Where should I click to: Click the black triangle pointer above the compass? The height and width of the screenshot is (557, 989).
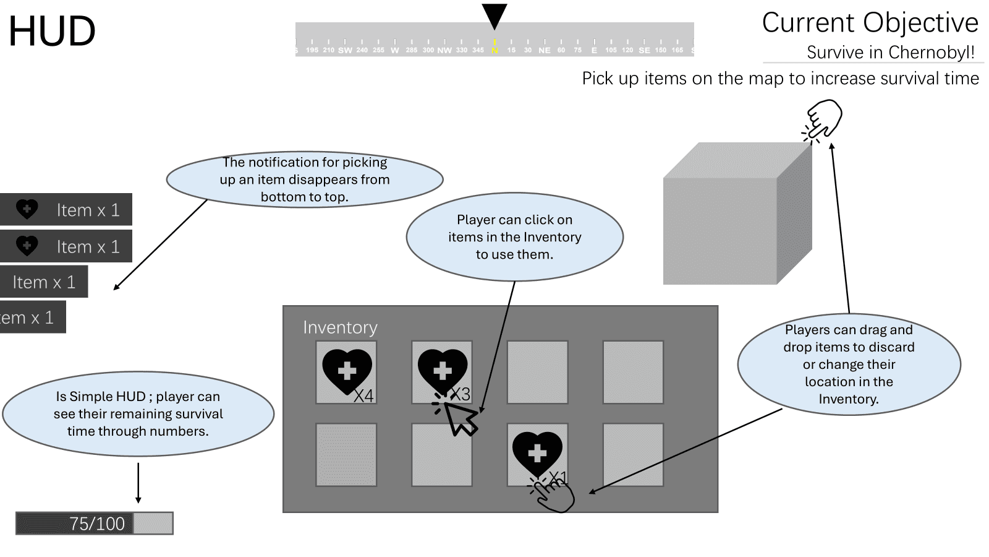point(494,15)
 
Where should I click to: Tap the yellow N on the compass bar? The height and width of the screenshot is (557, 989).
point(494,50)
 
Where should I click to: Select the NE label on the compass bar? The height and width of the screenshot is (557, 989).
point(544,50)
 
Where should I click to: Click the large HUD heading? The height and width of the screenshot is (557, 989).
point(52,31)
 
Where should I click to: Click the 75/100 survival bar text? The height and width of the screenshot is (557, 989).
point(96,524)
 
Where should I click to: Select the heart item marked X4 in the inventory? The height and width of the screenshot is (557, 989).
point(347,371)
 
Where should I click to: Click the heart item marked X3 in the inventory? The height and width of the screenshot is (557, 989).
point(442,371)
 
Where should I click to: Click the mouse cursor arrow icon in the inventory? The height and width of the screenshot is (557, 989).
point(461,419)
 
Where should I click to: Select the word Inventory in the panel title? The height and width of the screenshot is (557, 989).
point(340,327)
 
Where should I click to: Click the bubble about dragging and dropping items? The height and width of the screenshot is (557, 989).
point(849,365)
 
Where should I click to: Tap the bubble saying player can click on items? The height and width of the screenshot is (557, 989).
point(514,237)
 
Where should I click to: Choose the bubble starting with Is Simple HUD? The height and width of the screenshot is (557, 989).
point(138,414)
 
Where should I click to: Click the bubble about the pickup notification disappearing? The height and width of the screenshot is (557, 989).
point(305,179)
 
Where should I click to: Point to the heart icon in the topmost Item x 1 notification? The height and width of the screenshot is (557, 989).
point(27,209)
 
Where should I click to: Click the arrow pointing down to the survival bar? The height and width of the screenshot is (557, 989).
point(138,483)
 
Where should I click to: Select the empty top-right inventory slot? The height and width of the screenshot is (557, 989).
point(633,372)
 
